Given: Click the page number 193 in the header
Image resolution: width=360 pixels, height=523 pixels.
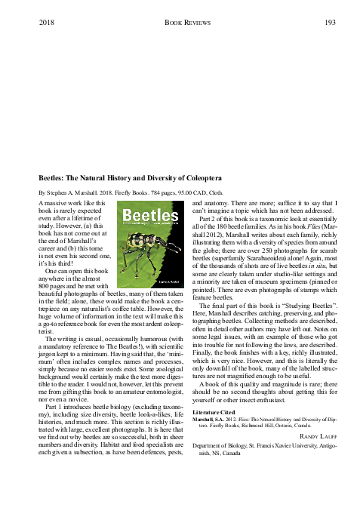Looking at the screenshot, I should point(330,23).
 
